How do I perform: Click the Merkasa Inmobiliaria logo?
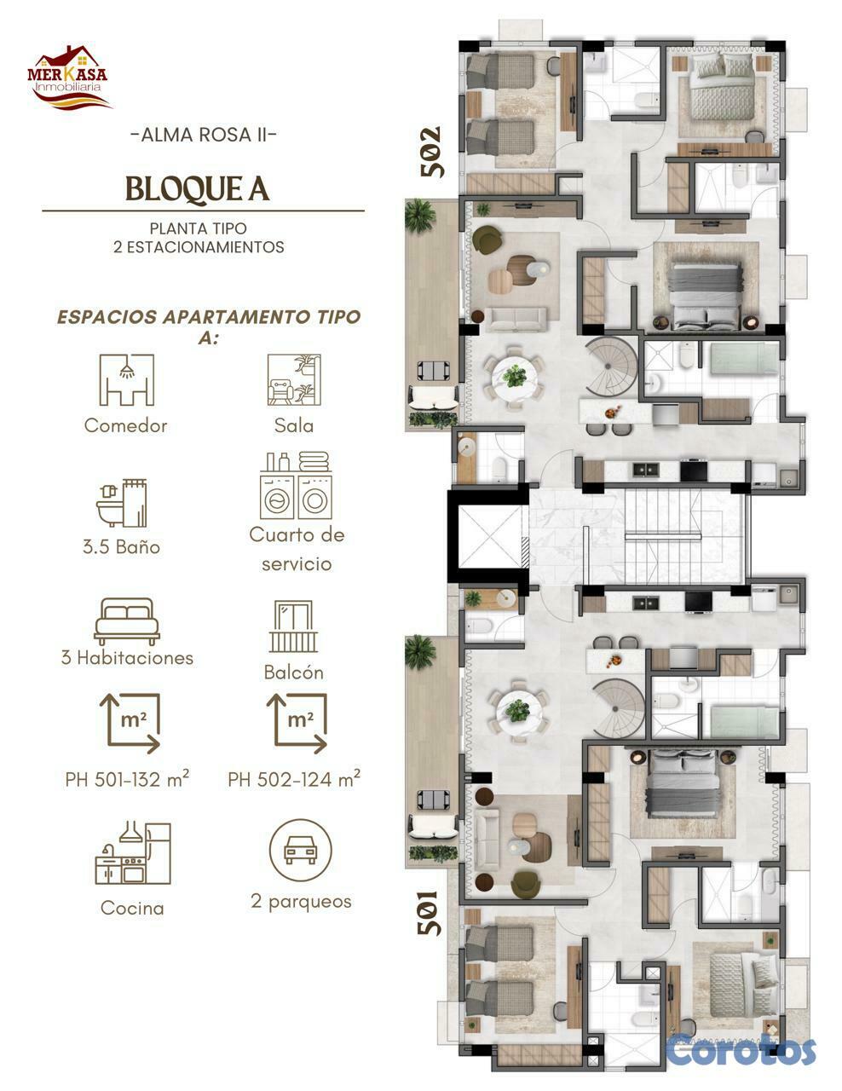[69, 78]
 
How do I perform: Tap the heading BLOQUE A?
[198, 189]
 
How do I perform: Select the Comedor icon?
[126, 380]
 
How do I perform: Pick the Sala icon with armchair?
[294, 380]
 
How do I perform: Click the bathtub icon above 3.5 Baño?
[122, 503]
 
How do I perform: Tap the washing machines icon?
[295, 487]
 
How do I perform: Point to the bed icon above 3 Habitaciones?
[127, 621]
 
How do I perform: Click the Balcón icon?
[293, 626]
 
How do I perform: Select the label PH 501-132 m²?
[127, 779]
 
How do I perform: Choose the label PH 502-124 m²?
[294, 779]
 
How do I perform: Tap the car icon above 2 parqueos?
[300, 850]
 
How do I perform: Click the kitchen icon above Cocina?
[132, 852]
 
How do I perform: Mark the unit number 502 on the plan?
[432, 152]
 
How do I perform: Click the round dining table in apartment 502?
[514, 374]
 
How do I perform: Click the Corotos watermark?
[741, 1049]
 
